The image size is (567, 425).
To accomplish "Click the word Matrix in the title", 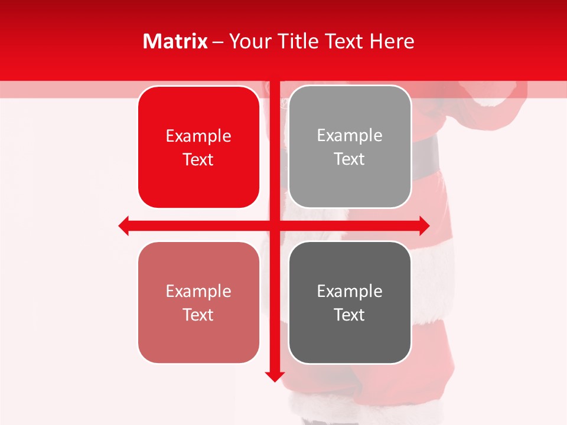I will pos(175,41).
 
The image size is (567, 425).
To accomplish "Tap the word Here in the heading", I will pos(392,41).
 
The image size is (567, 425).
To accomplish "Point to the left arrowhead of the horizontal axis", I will pos(123,225).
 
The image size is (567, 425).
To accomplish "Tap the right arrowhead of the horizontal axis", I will pos(424,225).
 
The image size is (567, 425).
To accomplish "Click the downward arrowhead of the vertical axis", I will pos(274,376).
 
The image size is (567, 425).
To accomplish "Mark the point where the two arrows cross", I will pos(274,225).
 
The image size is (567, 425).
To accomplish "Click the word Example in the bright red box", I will pos(198,136).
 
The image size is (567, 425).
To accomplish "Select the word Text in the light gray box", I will pos(350,159).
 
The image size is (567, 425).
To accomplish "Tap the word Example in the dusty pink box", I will pos(198,292).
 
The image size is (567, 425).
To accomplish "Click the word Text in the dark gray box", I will pos(350,315).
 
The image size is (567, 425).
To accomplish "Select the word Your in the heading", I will pos(247,41).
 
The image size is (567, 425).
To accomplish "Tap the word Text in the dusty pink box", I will pos(198,315).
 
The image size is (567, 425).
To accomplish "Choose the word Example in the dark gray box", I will pos(350,292).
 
